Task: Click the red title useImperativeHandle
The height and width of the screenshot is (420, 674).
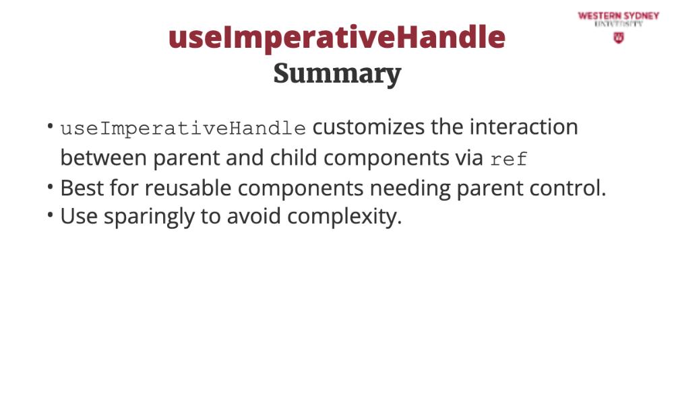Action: (337, 38)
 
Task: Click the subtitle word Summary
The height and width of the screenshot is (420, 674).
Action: (338, 74)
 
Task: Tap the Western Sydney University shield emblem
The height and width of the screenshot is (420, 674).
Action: (619, 38)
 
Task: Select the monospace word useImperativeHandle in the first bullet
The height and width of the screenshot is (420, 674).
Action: (183, 129)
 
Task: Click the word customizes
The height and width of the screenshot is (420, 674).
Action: (369, 127)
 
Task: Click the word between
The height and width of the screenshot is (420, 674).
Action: (104, 157)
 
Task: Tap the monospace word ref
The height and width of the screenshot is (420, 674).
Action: (509, 159)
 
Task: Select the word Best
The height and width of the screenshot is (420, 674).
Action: (82, 188)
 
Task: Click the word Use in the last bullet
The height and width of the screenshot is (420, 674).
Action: (79, 216)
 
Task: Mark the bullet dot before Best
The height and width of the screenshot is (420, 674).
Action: (51, 187)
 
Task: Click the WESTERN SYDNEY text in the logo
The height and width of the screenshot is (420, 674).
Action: (619, 16)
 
